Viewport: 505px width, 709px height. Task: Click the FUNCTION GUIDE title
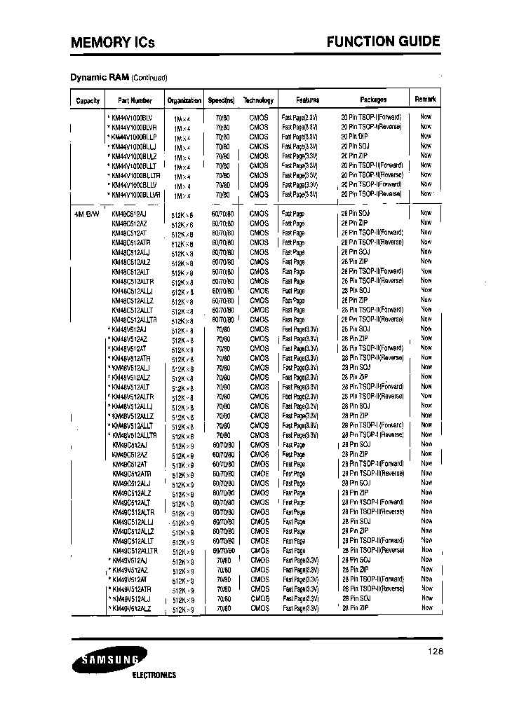[384, 42]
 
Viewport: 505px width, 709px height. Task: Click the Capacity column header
[88, 100]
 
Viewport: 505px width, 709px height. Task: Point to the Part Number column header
[135, 100]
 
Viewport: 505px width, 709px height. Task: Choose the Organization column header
[184, 100]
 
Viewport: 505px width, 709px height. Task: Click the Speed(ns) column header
[221, 100]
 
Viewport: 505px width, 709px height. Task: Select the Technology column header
[258, 100]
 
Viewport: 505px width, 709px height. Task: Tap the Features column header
[307, 100]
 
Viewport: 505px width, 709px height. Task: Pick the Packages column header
[373, 100]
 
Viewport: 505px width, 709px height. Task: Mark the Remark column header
[426, 99]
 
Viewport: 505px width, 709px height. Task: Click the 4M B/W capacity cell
[86, 213]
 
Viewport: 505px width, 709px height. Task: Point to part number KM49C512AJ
[130, 445]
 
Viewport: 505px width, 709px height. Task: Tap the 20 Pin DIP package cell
[354, 136]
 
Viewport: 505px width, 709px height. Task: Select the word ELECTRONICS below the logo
[154, 675]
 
